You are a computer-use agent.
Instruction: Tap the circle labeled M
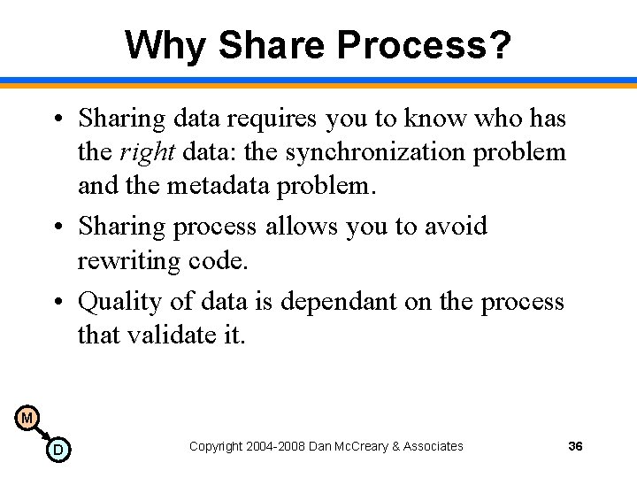(27, 417)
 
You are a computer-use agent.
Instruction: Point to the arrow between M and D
(42, 433)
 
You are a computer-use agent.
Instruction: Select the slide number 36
(575, 446)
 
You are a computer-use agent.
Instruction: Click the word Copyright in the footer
(215, 446)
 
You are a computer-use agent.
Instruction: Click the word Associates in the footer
(433, 446)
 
